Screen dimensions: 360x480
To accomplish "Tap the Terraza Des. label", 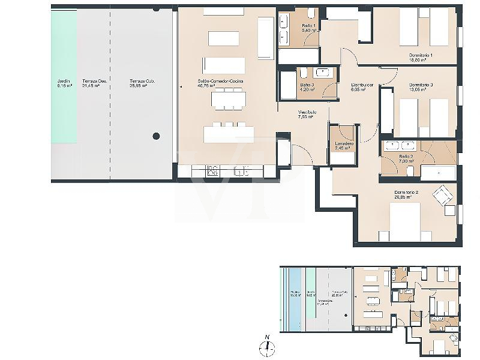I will (x=91, y=83).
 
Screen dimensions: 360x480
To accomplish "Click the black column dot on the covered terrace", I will (x=156, y=136).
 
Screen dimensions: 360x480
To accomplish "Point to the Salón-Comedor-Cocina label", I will (x=217, y=83).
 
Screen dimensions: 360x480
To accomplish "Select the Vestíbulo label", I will (x=307, y=115).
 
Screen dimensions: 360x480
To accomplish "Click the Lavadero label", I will (x=344, y=146).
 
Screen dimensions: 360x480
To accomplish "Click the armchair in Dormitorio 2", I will (x=444, y=194).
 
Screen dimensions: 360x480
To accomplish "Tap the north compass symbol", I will (x=267, y=347).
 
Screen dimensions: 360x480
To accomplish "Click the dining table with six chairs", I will (x=228, y=99).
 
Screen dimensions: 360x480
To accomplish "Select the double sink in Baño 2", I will (x=401, y=145).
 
